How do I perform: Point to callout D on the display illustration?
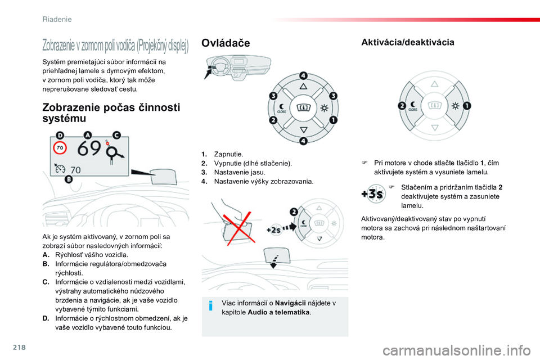[60, 135]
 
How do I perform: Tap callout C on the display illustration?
[116, 135]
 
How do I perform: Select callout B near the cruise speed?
[69, 179]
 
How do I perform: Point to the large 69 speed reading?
[89, 149]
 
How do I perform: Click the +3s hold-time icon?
[372, 194]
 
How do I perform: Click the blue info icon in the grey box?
[210, 307]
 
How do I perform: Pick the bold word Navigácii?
[291, 303]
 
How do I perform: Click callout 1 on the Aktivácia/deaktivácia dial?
[467, 105]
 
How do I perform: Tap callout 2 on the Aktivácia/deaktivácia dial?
[402, 105]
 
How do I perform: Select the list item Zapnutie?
[229, 154]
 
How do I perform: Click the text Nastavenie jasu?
[240, 172]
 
